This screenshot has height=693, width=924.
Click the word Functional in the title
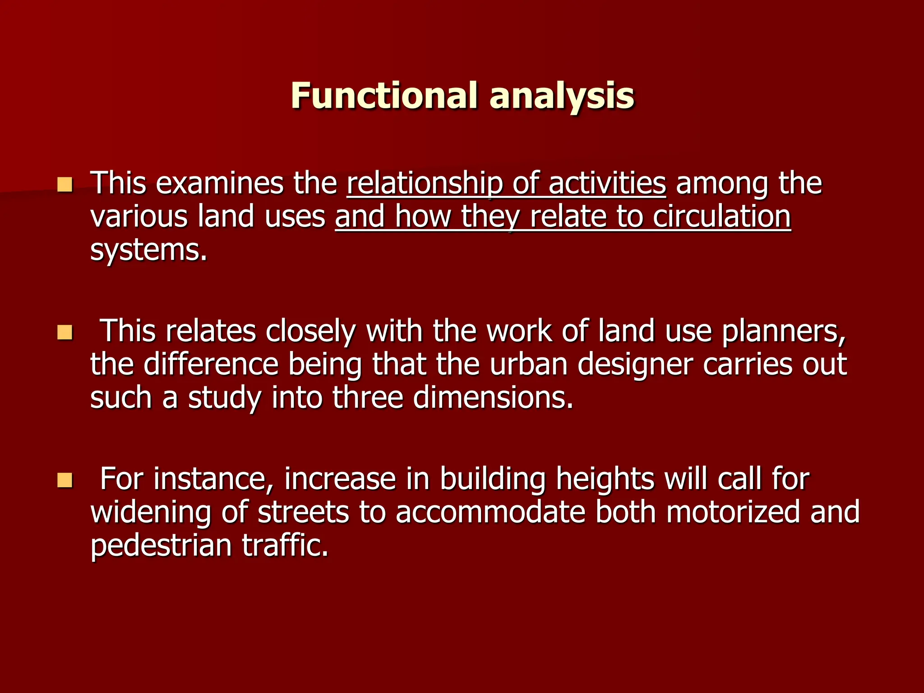point(384,96)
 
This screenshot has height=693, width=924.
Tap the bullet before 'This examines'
point(65,185)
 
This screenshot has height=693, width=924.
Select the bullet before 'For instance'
point(65,480)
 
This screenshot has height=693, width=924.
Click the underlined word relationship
point(424,184)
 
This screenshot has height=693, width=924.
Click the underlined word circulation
point(721,217)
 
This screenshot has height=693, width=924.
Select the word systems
point(148,250)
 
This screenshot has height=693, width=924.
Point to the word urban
point(528,365)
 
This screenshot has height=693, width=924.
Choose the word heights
point(605,479)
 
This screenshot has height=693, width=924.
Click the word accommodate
point(490,513)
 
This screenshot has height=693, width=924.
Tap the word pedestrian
point(161,546)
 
